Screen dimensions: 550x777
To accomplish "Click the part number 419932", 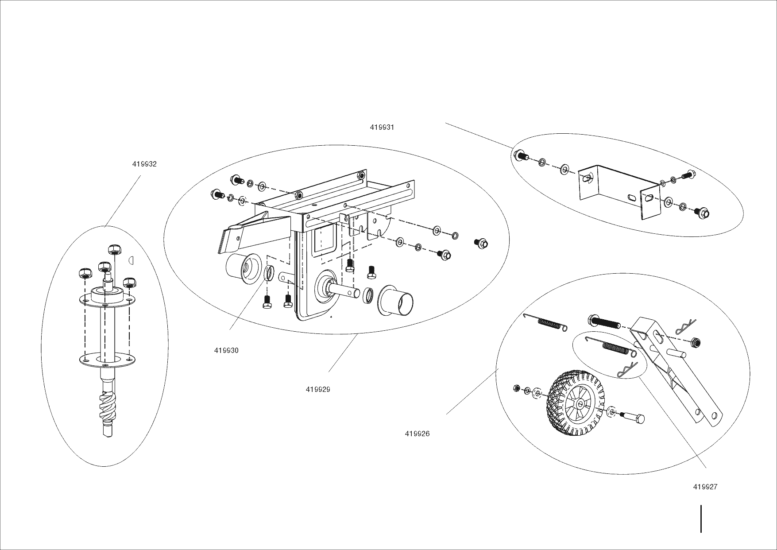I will pos(144,164).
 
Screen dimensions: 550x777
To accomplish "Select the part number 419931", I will pos(382,128).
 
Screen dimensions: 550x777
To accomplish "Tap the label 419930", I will pos(226,351).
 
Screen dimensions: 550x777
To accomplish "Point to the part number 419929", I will pos(318,390).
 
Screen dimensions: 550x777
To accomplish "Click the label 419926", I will pos(417,434).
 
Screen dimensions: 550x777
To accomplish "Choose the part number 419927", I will pos(705,487).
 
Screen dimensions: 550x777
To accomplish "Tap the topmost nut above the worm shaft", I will pos(115,250).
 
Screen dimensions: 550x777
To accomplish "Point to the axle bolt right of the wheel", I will pos(634,417).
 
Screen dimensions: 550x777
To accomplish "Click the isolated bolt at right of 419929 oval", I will pos(481,243).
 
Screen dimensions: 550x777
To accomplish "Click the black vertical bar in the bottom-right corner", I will pos(701,519).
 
